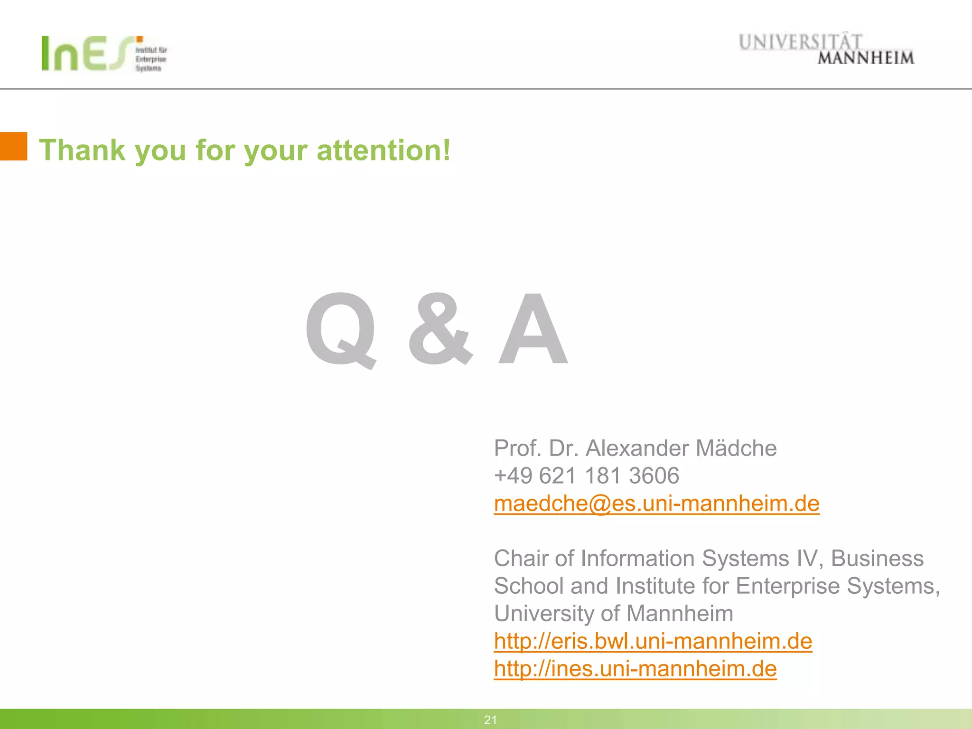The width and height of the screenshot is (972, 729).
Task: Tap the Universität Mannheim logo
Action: tap(826, 49)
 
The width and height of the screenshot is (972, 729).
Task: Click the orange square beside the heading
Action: tap(13, 146)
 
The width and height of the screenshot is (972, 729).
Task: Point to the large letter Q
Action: tap(341, 330)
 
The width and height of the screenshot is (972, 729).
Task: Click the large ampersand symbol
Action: tap(440, 330)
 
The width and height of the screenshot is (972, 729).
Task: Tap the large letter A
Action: tap(533, 330)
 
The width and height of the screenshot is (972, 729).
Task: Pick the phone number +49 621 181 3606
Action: tap(587, 476)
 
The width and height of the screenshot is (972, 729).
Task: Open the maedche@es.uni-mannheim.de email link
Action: tap(656, 504)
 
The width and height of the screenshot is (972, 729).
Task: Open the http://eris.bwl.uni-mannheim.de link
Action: tap(653, 641)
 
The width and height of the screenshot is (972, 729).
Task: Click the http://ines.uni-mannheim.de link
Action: tap(635, 669)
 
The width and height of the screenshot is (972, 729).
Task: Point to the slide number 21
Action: tap(490, 720)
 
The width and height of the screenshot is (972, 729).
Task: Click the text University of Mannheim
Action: tap(614, 614)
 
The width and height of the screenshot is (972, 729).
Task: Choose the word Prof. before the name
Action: tap(517, 448)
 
